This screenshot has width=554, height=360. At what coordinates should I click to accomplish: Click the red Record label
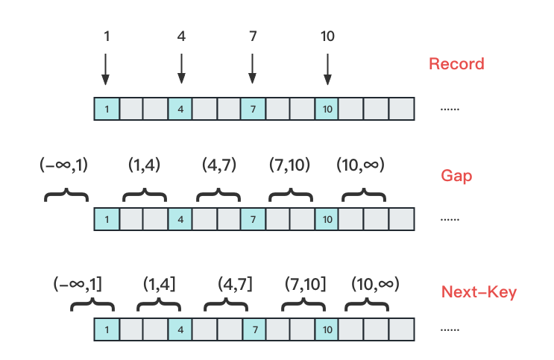(456, 64)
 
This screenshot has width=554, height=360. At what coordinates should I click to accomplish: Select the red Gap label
(456, 176)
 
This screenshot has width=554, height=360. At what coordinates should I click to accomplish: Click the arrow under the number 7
(253, 69)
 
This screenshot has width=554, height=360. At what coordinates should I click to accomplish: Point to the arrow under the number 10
(327, 69)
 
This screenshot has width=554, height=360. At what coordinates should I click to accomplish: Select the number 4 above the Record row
(181, 36)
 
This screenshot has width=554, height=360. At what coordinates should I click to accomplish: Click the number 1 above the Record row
(107, 36)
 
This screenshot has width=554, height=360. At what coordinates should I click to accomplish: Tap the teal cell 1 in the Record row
(107, 110)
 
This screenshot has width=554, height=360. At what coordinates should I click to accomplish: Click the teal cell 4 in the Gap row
(180, 219)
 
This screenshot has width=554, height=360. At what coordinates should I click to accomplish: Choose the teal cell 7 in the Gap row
(253, 219)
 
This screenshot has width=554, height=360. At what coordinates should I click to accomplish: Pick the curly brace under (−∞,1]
(92, 306)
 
